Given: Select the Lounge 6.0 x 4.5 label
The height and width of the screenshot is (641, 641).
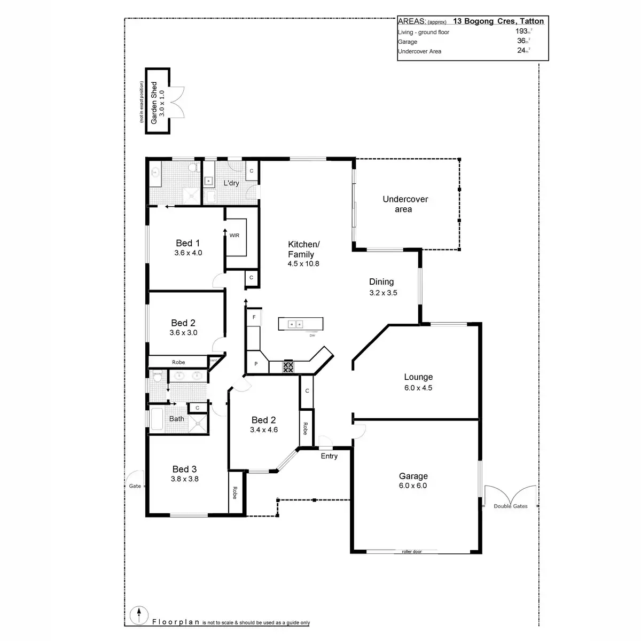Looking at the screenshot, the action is (418, 382).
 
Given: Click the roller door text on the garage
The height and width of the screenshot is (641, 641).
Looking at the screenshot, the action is (411, 552).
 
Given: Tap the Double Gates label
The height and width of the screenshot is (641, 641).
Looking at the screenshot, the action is (510, 506).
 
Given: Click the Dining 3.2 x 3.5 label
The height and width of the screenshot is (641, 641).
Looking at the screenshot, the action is (382, 287).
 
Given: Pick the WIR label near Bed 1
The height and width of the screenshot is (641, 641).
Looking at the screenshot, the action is (234, 236).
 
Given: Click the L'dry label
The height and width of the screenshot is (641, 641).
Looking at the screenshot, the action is (231, 183).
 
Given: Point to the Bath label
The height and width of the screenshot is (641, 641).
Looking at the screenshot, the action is (177, 419).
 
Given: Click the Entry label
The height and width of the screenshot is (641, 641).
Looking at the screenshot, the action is (329, 456).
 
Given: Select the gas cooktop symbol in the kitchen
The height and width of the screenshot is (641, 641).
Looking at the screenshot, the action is (288, 366).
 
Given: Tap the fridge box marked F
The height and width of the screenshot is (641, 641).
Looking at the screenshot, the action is (254, 317).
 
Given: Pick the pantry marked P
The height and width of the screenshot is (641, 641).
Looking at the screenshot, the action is (256, 364).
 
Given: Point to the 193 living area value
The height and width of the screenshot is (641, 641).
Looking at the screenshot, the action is (521, 32).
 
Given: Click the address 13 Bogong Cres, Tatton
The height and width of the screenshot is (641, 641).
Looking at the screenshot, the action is (498, 21).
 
